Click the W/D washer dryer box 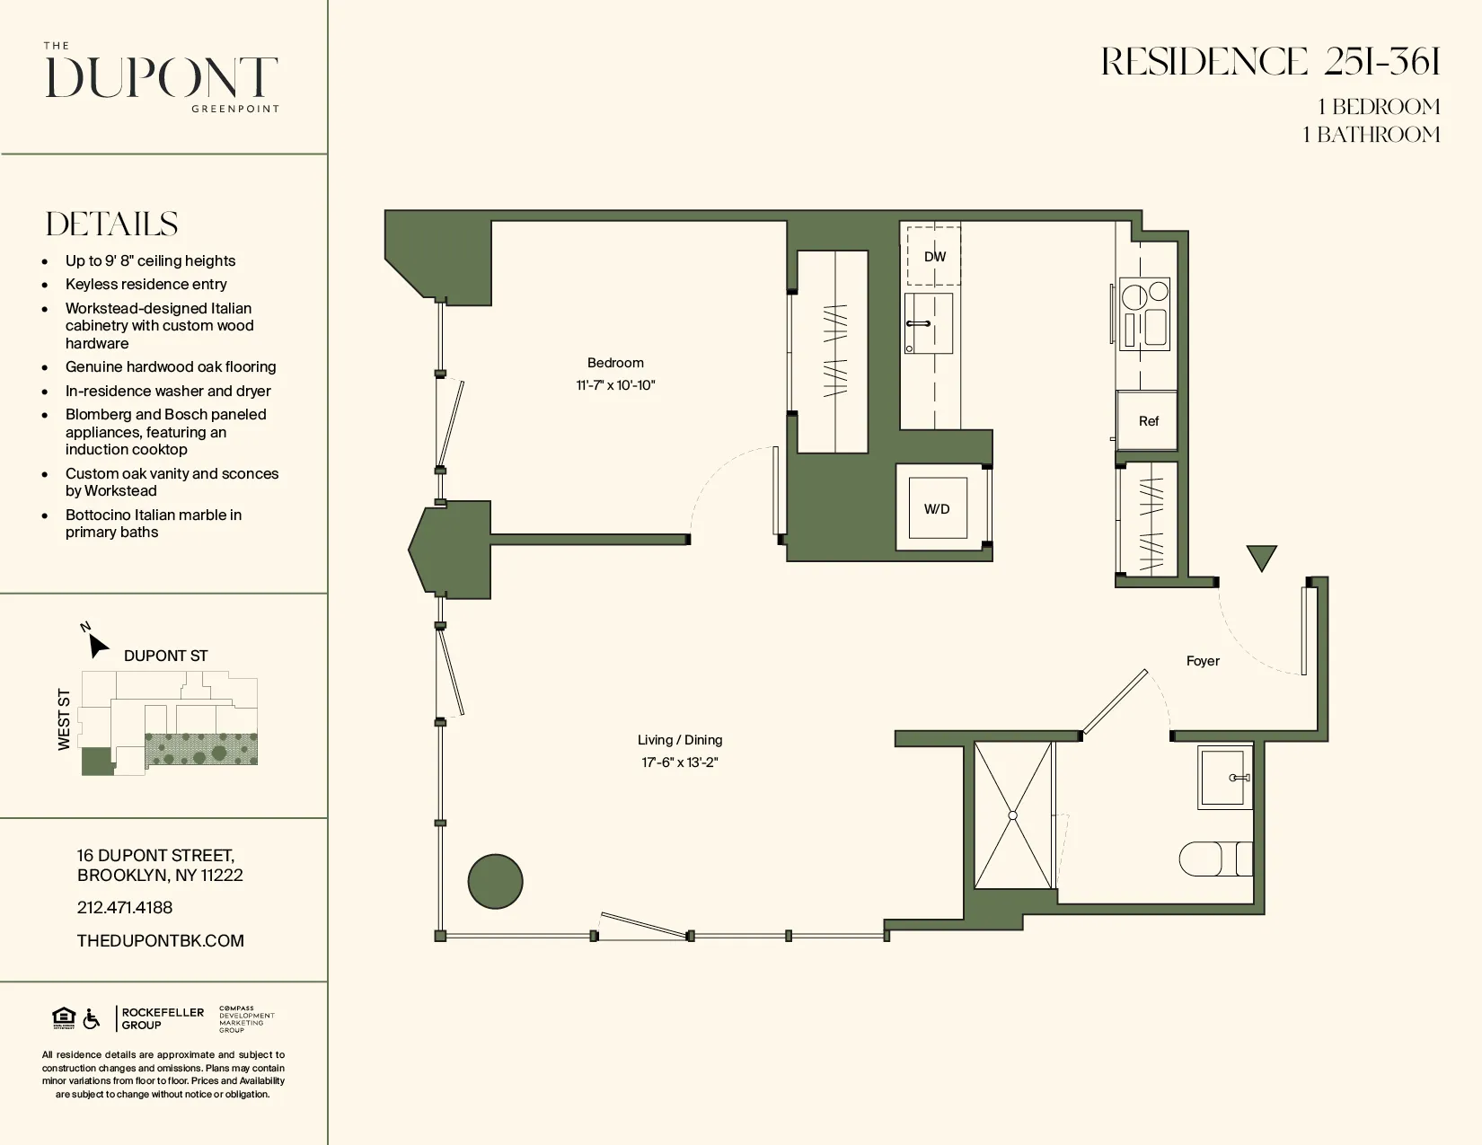pyautogui.click(x=937, y=508)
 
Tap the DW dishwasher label pyautogui.click(x=935, y=257)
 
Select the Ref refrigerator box pyautogui.click(x=1147, y=420)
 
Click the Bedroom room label pyautogui.click(x=615, y=363)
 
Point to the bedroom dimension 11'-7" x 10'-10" pyautogui.click(x=615, y=385)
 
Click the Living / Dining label pyautogui.click(x=680, y=740)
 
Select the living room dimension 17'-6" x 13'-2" pyautogui.click(x=680, y=762)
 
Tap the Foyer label pyautogui.click(x=1203, y=661)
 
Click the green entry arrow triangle pyautogui.click(x=1262, y=557)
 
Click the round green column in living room pyautogui.click(x=496, y=881)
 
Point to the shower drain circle pyautogui.click(x=1012, y=815)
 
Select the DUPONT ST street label pyautogui.click(x=165, y=656)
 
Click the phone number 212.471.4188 pyautogui.click(x=125, y=908)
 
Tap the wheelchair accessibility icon pyautogui.click(x=92, y=1019)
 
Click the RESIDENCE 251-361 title pyautogui.click(x=1270, y=63)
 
